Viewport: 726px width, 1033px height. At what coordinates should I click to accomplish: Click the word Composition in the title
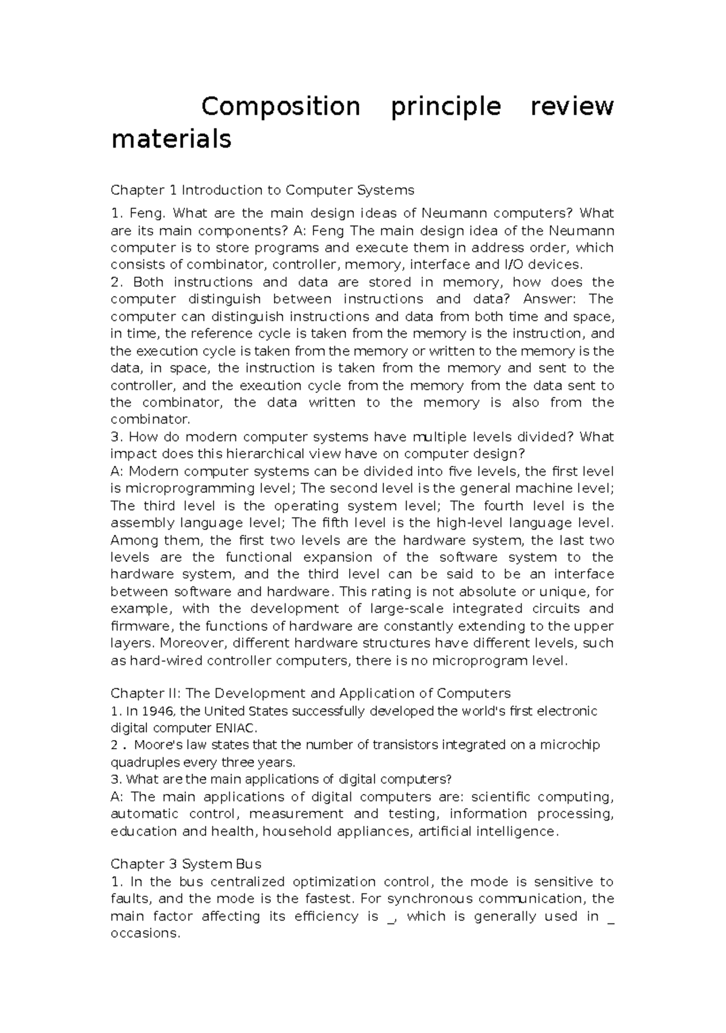[x=281, y=107]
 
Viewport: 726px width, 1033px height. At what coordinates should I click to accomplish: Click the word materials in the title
[x=171, y=139]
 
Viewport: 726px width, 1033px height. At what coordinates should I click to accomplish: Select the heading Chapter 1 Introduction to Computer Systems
[x=262, y=190]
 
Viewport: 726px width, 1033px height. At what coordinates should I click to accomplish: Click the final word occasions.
[x=146, y=933]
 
